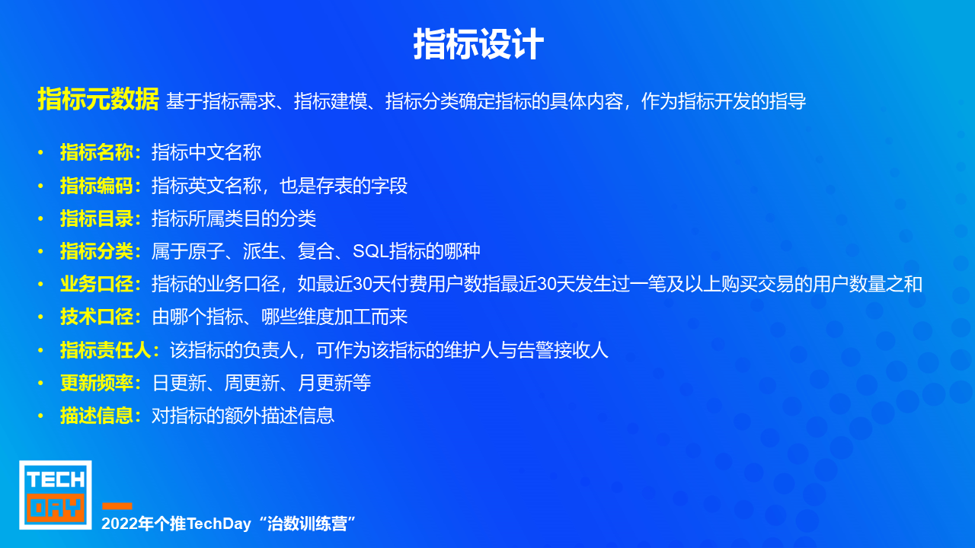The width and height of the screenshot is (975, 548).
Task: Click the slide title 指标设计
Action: [478, 44]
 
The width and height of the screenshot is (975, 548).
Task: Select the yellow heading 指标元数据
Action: [98, 99]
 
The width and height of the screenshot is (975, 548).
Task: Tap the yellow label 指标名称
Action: [97, 153]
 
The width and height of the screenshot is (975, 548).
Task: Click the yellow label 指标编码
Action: [97, 186]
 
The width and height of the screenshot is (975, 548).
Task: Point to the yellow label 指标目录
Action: [97, 218]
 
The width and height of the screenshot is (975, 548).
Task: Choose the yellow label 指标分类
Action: [97, 251]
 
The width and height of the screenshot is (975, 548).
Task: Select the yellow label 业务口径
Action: [97, 285]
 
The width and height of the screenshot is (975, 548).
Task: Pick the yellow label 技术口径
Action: [97, 317]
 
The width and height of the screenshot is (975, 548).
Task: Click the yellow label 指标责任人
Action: [106, 350]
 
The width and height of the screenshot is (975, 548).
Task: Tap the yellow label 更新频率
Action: [97, 383]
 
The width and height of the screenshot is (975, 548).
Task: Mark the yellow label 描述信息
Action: [97, 416]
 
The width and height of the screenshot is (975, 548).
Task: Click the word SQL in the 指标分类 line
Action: [370, 251]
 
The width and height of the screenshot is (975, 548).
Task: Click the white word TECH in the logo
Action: [56, 479]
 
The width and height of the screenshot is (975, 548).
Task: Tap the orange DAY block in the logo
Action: [56, 508]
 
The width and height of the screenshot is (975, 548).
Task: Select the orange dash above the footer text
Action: [117, 506]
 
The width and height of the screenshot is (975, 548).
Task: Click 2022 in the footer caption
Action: [113, 524]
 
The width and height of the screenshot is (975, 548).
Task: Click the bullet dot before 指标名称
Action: [40, 153]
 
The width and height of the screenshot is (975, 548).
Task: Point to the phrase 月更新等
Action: [334, 383]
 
